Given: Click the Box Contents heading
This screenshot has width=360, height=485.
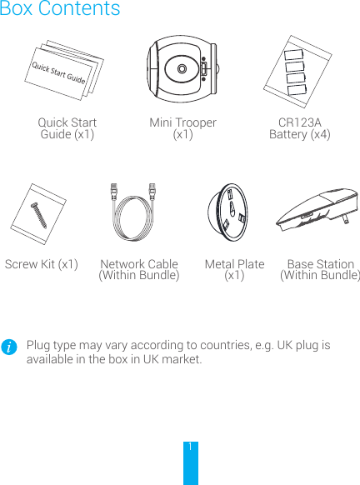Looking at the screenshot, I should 60,10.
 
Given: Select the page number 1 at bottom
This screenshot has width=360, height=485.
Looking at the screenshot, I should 191,447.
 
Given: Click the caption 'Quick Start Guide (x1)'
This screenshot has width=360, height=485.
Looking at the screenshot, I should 67,128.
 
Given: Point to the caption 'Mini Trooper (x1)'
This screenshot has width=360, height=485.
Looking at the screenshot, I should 182,128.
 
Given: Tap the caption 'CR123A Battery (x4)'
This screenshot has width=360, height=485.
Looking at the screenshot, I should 299,128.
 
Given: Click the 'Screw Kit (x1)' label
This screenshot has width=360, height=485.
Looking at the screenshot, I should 42,264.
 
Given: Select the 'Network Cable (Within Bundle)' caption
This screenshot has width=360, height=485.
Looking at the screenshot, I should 139,269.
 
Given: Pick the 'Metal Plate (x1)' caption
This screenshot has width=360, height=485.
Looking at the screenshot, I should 234,269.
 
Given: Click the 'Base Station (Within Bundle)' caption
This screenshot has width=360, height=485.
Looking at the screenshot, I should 320,269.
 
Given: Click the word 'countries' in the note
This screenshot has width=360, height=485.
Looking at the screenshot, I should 230,345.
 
